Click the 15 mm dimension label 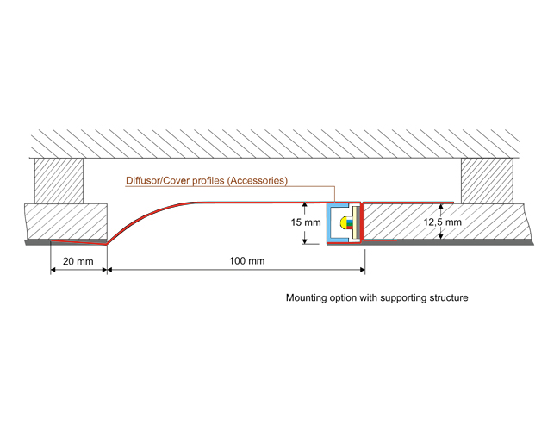pos(305,222)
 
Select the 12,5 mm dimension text pos(442,222)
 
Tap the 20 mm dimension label pos(78,260)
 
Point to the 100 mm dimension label pos(247,260)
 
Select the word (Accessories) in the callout pos(256,181)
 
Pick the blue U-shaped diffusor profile pos(333,225)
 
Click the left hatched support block pos(58,180)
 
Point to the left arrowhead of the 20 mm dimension pos(54,270)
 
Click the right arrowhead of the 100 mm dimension pos(361,270)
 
